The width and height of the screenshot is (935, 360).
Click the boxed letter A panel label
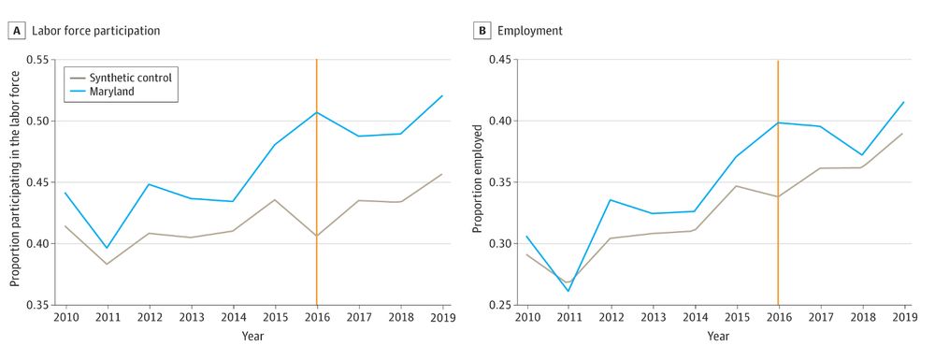(x=16, y=31)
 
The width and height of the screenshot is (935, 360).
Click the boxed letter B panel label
(x=482, y=31)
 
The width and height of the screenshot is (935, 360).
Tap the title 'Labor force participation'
(x=95, y=31)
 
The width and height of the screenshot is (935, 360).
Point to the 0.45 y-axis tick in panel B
(x=501, y=60)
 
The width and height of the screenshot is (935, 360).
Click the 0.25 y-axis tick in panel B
(x=501, y=305)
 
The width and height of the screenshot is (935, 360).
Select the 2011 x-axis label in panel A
(x=107, y=319)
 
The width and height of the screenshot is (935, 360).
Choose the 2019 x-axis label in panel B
(x=904, y=319)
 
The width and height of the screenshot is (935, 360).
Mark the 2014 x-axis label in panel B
(x=694, y=319)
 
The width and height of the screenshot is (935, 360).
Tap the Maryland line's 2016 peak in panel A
(x=317, y=112)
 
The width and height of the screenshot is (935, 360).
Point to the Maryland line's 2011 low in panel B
(x=568, y=291)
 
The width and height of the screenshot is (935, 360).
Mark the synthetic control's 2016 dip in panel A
(x=317, y=236)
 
